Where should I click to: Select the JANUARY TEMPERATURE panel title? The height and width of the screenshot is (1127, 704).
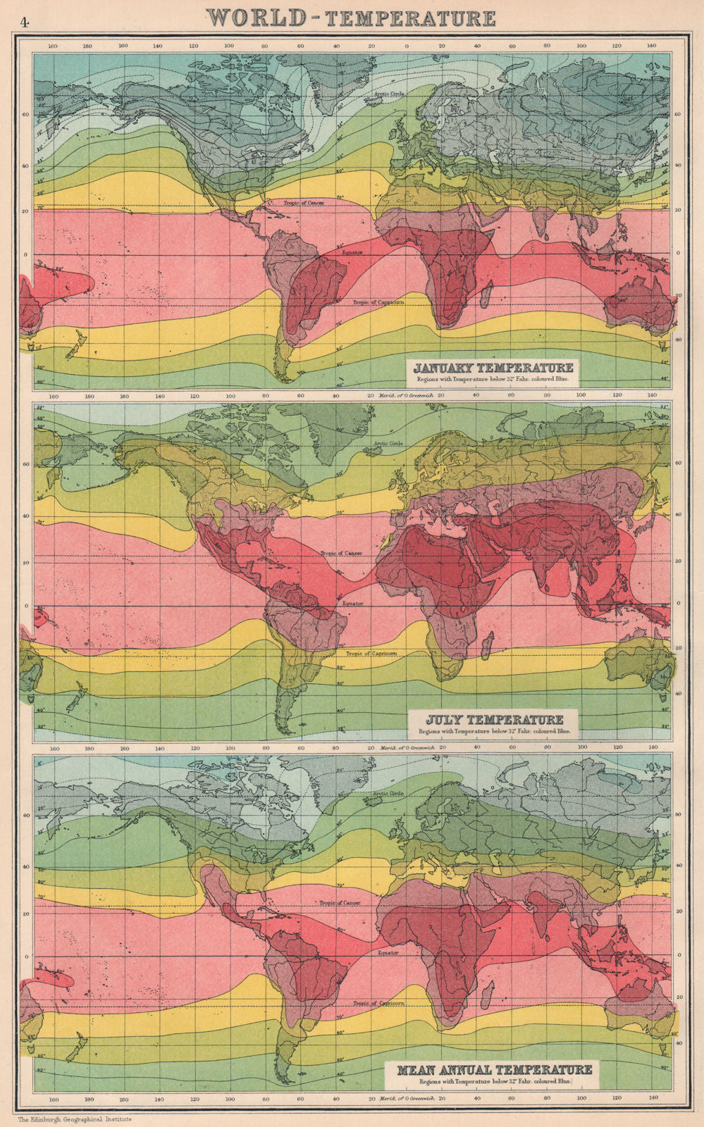click(493, 368)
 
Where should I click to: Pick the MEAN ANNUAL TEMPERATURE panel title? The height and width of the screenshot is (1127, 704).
click(495, 1069)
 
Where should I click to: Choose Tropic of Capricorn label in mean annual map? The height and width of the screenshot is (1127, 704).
click(378, 1004)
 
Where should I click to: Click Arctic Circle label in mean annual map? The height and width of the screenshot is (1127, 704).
click(384, 794)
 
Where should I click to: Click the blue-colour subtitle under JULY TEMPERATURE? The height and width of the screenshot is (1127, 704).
click(493, 732)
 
